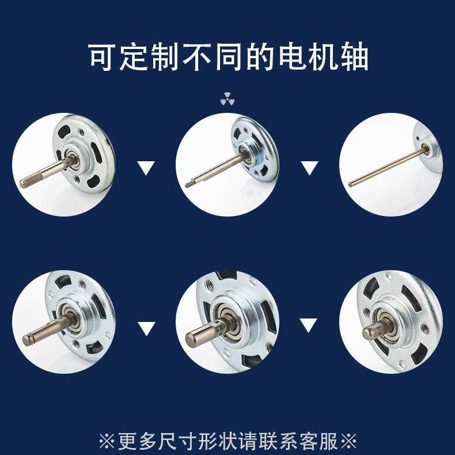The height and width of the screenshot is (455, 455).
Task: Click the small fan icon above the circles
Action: click(x=227, y=100)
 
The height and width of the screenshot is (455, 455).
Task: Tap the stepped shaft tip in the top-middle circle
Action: click(x=189, y=185)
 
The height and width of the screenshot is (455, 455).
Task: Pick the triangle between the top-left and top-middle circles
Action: click(x=147, y=169)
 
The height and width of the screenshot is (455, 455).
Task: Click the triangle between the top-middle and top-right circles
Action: click(x=310, y=169)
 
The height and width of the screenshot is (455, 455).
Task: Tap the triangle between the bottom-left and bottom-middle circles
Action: click(x=147, y=329)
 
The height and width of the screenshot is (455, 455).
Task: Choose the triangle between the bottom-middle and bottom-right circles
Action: click(x=310, y=325)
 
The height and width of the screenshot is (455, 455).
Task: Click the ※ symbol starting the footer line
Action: click(x=107, y=442)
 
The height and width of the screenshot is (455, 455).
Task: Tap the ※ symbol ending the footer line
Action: click(x=348, y=442)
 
